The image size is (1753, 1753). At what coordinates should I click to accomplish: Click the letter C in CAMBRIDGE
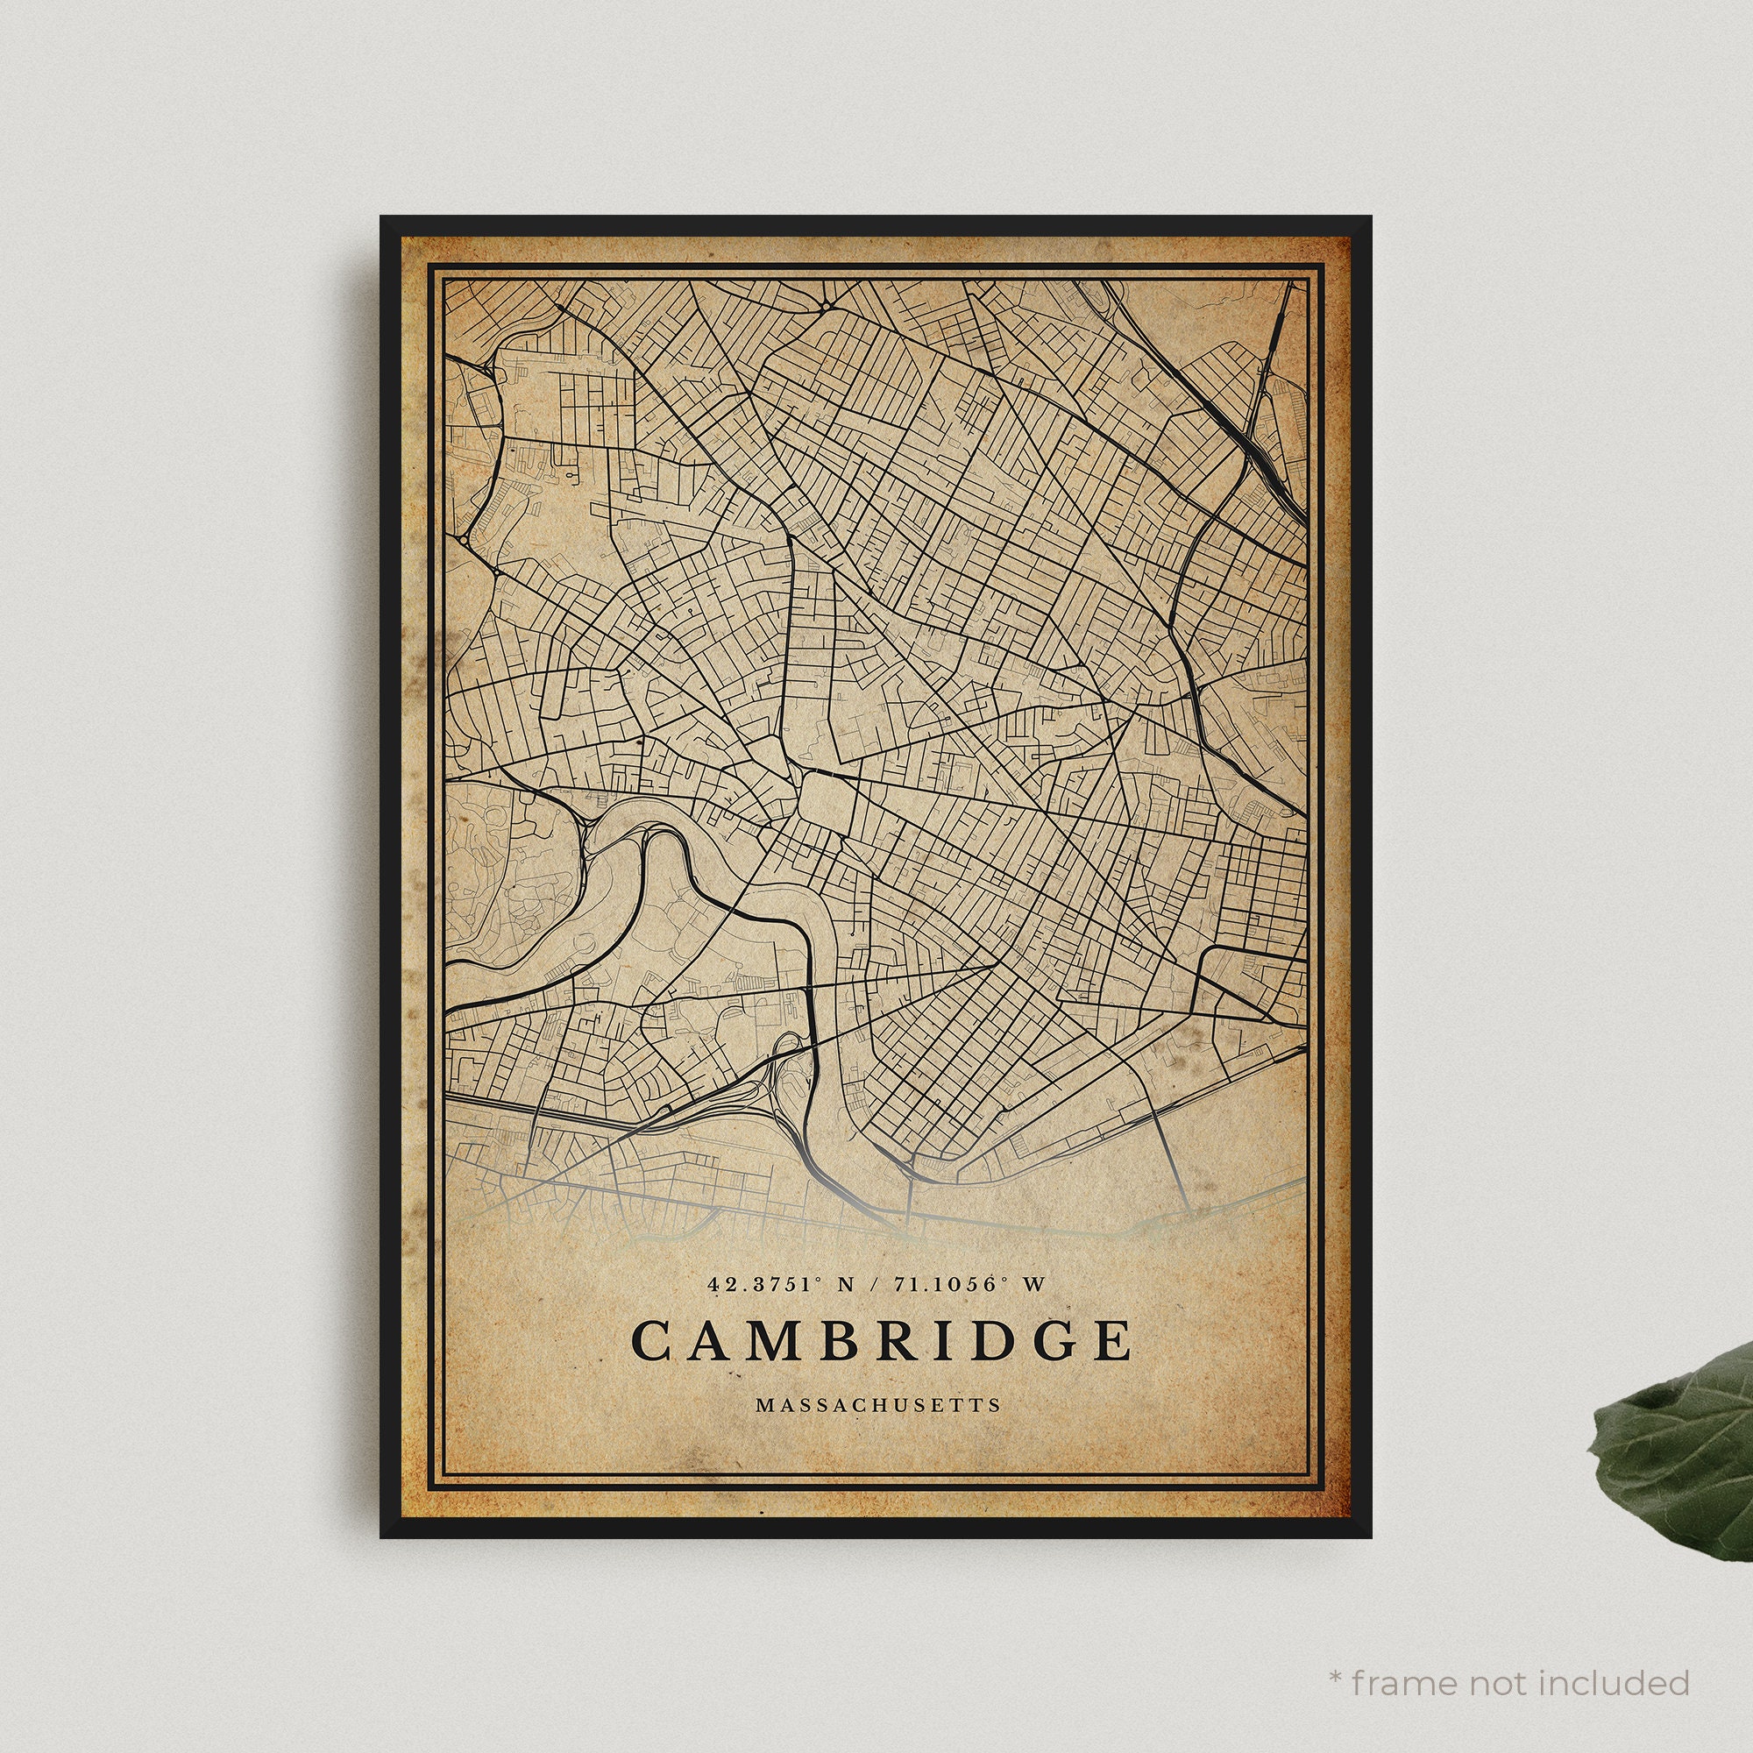(x=650, y=1340)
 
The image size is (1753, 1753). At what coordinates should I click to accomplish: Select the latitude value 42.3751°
(x=765, y=1284)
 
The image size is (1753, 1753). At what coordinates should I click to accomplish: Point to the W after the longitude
(x=1034, y=1285)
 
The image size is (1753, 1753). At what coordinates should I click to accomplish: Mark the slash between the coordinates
(x=873, y=1285)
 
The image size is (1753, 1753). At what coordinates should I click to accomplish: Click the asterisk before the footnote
(x=1336, y=1651)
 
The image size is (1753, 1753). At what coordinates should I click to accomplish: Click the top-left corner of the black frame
(x=383, y=217)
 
